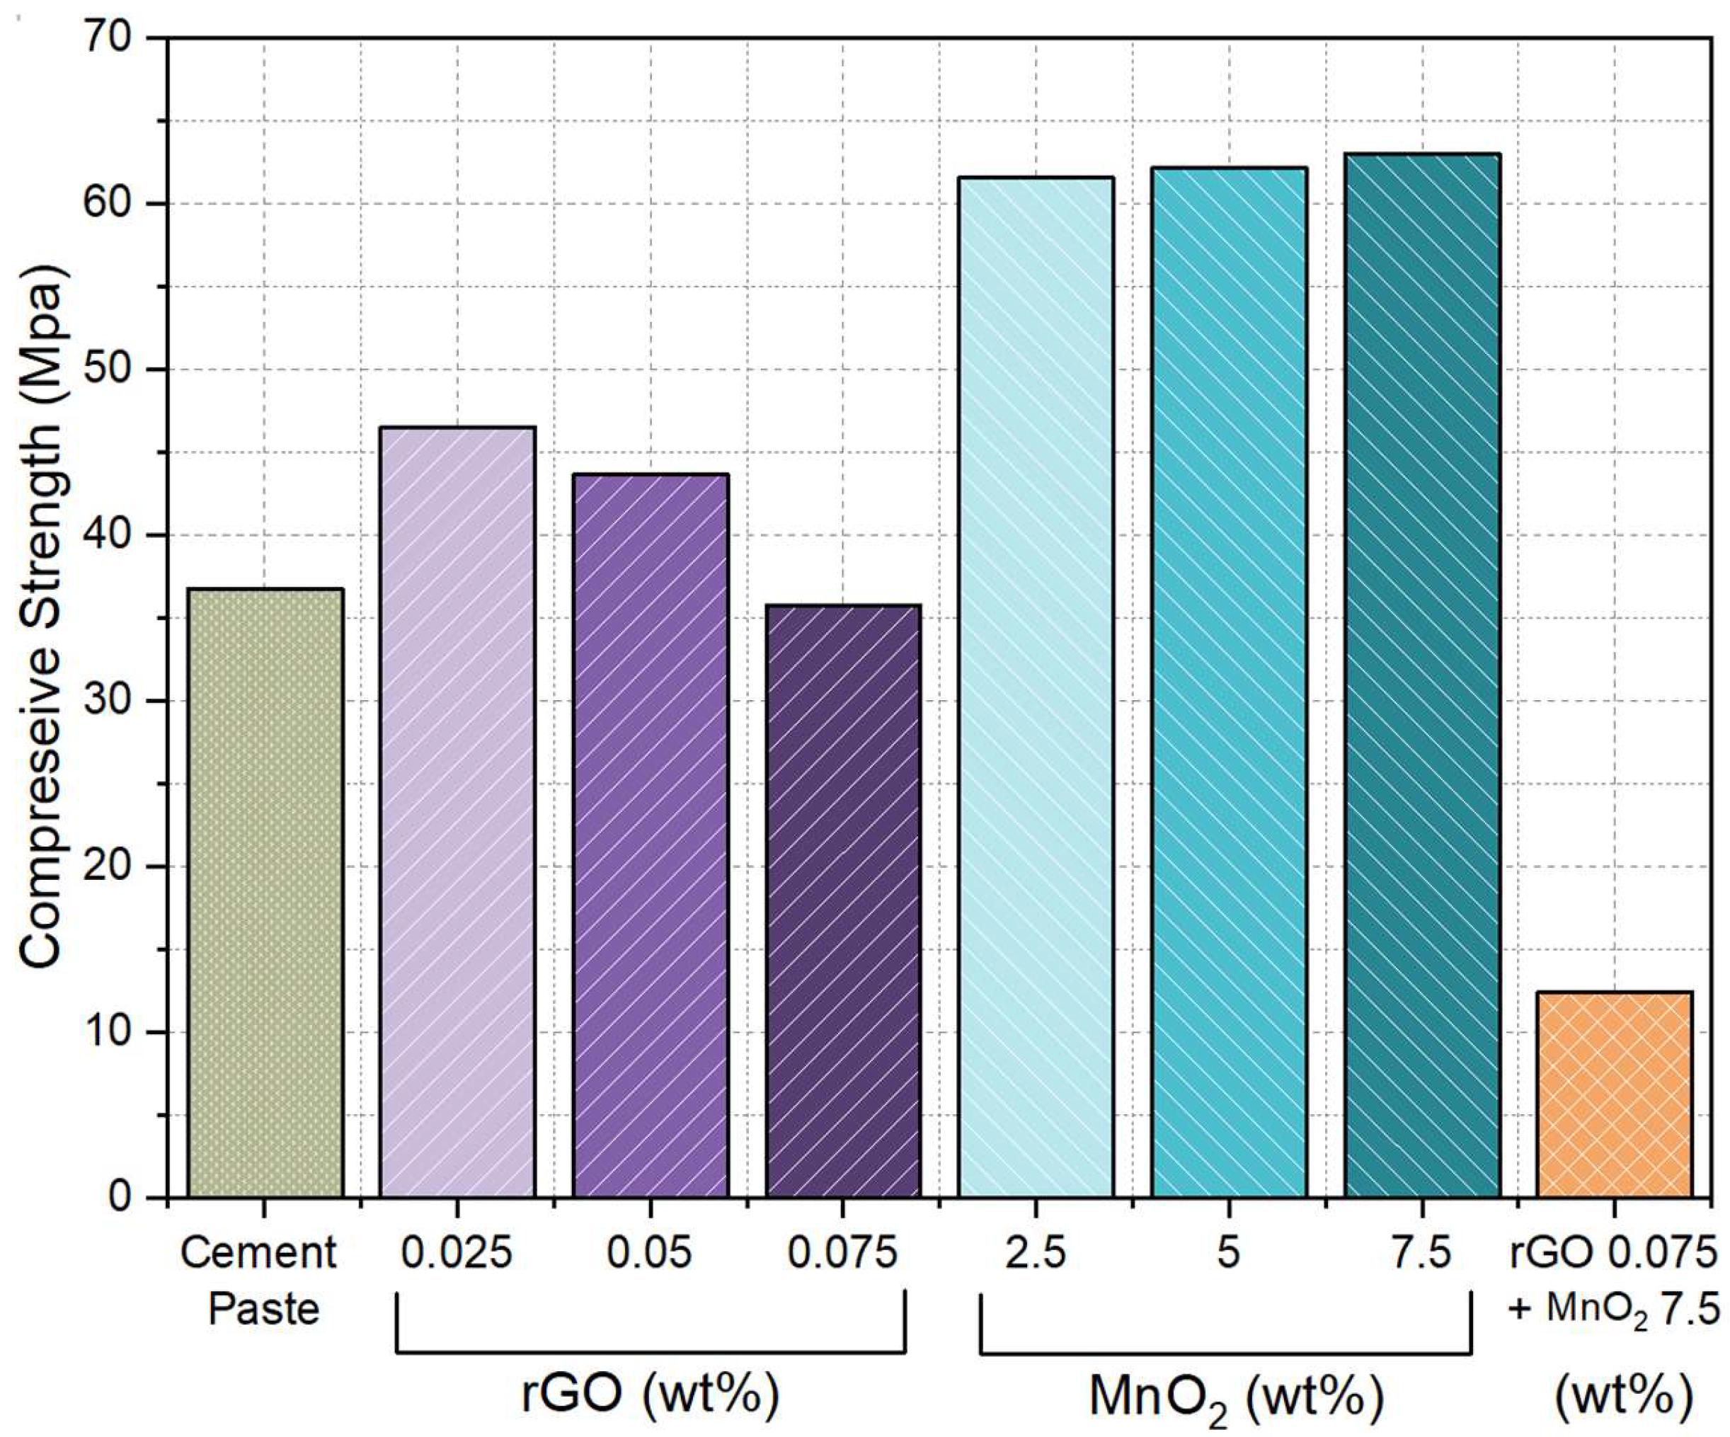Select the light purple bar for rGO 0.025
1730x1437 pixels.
457,812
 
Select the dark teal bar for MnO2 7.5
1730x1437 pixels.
1422,675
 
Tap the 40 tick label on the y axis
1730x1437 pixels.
110,534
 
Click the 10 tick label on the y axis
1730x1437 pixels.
110,1031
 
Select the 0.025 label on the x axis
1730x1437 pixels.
457,1253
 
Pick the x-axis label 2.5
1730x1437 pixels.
1036,1253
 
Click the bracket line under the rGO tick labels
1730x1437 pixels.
651,1352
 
